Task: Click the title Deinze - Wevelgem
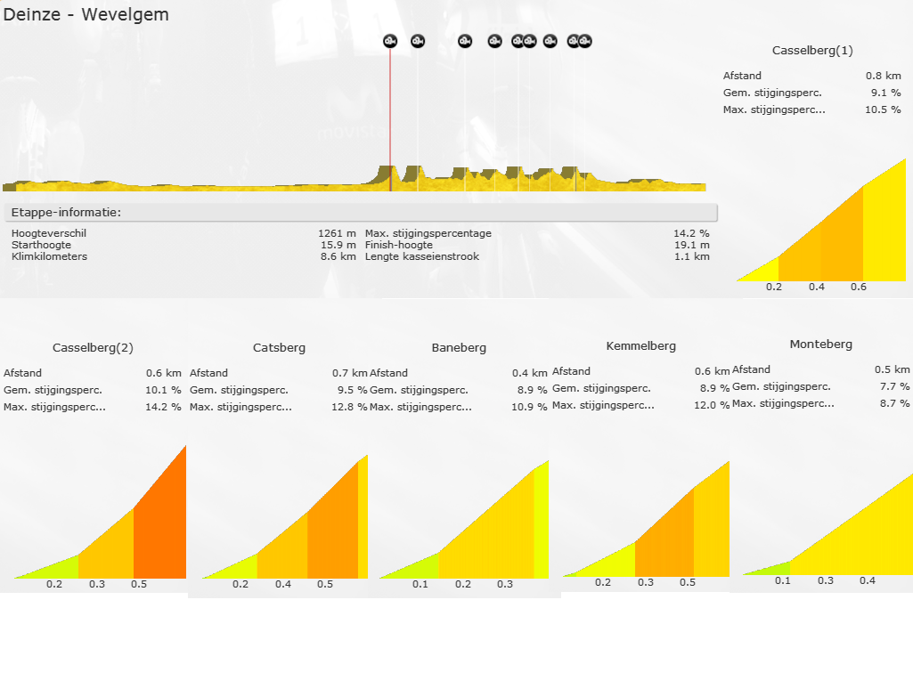tap(86, 15)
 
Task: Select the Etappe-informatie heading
tap(66, 213)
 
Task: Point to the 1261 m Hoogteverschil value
tap(337, 233)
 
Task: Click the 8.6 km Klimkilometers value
tap(339, 256)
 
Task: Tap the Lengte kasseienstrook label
tap(421, 256)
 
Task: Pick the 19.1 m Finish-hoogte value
tap(692, 245)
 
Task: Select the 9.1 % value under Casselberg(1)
tap(884, 93)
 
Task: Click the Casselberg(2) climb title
tap(93, 348)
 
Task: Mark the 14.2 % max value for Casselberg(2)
tap(164, 407)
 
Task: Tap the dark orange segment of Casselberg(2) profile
tap(160, 534)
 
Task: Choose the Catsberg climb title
tap(279, 348)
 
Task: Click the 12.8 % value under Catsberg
tap(350, 407)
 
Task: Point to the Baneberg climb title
tap(459, 348)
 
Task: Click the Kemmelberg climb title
tap(640, 346)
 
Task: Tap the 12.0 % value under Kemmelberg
tap(712, 405)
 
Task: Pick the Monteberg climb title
tap(820, 345)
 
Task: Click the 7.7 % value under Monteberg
tap(893, 386)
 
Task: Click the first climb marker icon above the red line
tap(390, 41)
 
